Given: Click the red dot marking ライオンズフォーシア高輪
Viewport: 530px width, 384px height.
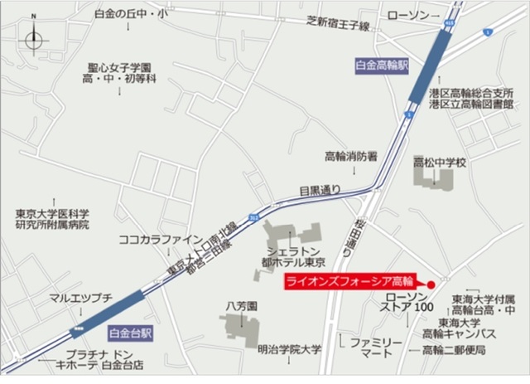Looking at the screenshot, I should (x=431, y=282).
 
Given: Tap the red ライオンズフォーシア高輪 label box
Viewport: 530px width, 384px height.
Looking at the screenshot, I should (x=348, y=281).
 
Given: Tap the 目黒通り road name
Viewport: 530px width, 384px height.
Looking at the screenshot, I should (x=320, y=190).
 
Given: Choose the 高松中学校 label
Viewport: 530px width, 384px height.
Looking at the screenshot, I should (x=440, y=163).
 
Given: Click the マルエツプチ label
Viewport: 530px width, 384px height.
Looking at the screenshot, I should (x=80, y=296).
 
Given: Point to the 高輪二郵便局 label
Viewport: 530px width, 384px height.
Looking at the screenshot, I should (x=452, y=350).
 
